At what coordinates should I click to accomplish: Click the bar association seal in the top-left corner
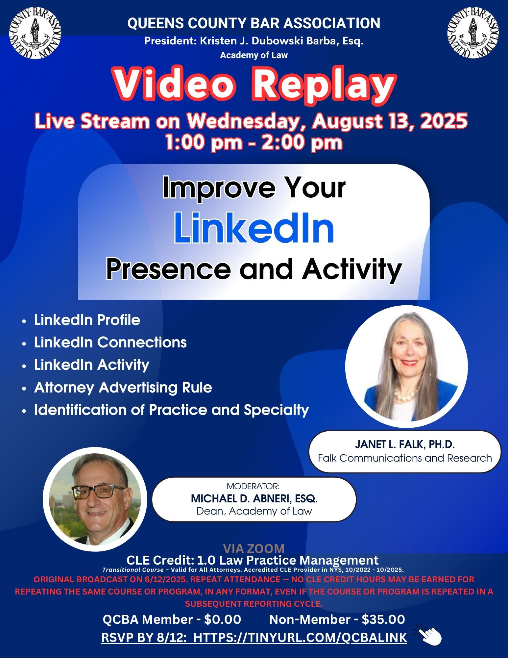35,34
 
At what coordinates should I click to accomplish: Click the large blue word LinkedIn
254,228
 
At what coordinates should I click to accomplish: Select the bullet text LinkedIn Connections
110,342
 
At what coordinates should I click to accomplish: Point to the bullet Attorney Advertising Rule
123,387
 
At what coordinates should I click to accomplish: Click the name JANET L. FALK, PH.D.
405,444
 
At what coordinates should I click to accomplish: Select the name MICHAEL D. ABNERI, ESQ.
254,499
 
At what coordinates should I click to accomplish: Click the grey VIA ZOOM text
254,548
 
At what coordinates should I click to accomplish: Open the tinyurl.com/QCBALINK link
300,637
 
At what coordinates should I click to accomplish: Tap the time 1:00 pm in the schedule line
204,143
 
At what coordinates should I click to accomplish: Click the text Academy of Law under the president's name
254,55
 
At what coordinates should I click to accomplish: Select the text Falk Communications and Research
405,458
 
